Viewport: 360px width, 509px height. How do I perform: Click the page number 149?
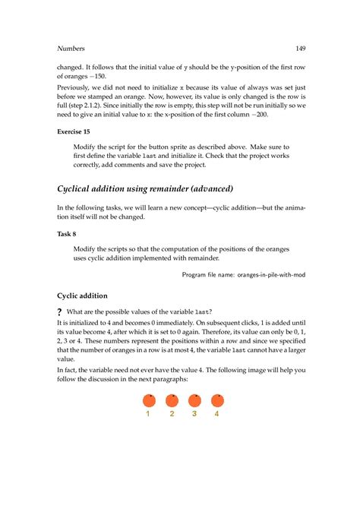[301, 49]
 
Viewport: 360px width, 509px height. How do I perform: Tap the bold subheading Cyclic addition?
[83, 296]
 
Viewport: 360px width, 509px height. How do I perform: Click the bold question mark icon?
[60, 312]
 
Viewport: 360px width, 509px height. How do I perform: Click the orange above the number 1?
[148, 400]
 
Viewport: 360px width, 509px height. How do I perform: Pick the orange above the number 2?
[172, 400]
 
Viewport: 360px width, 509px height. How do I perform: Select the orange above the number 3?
[194, 400]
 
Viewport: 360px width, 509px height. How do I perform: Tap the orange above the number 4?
[217, 400]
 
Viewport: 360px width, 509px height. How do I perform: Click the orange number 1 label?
[148, 414]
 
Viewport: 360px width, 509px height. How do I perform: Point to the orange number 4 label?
[217, 414]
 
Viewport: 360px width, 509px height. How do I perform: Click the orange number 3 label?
[194, 414]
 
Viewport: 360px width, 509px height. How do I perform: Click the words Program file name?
[204, 275]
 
